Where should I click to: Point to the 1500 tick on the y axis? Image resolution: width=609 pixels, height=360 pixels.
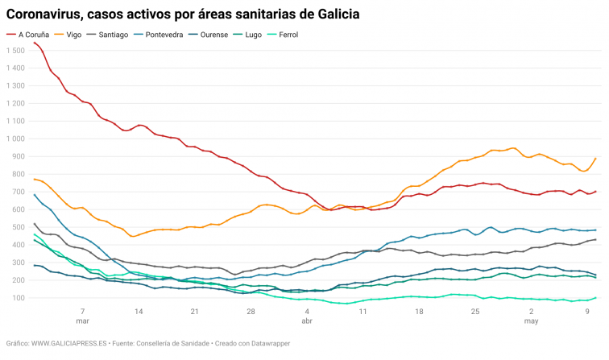(14, 51)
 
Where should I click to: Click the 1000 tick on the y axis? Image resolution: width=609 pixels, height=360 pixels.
(14, 139)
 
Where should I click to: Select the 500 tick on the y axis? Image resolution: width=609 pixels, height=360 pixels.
(18, 228)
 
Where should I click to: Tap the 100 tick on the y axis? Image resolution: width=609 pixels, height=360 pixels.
(18, 299)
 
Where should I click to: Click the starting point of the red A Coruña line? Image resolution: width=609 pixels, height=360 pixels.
(34, 42)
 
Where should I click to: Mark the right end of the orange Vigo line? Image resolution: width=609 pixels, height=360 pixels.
(596, 158)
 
